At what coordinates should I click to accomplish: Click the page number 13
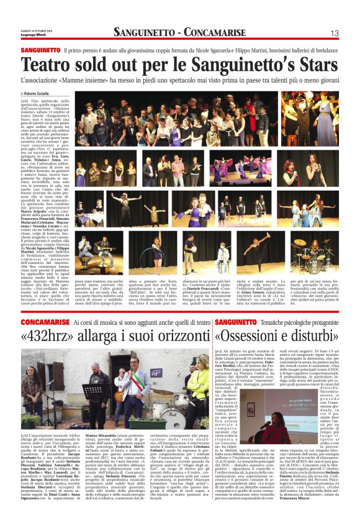[334, 32]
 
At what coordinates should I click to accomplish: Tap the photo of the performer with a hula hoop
[148, 251]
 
